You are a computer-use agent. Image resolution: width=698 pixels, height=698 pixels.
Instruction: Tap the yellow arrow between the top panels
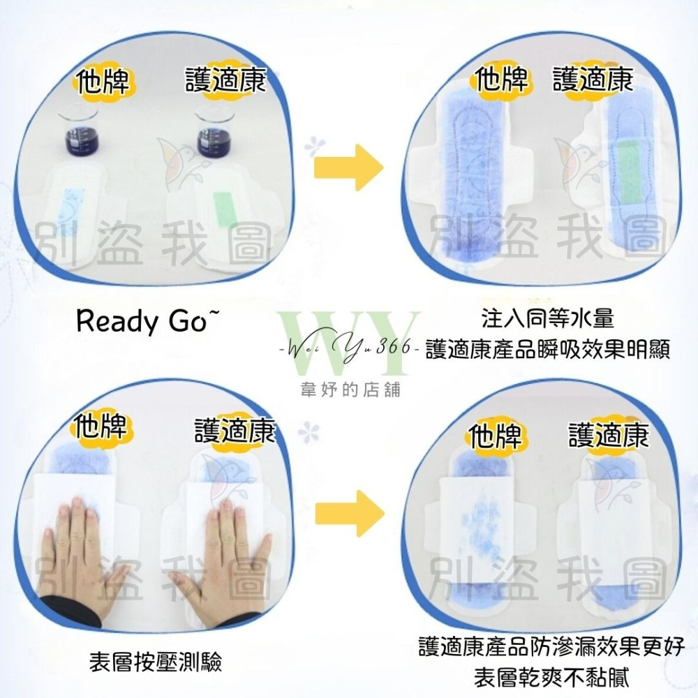click(348, 168)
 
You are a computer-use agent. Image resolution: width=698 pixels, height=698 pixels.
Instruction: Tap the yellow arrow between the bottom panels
click(350, 513)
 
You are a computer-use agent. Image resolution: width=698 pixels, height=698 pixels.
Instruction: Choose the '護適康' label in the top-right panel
click(593, 80)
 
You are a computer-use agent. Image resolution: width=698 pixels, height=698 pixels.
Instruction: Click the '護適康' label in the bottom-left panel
click(234, 430)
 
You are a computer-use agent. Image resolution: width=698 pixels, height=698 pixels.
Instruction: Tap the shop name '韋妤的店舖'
click(350, 390)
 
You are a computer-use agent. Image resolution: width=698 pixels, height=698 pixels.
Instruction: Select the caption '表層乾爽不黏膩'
click(551, 678)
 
